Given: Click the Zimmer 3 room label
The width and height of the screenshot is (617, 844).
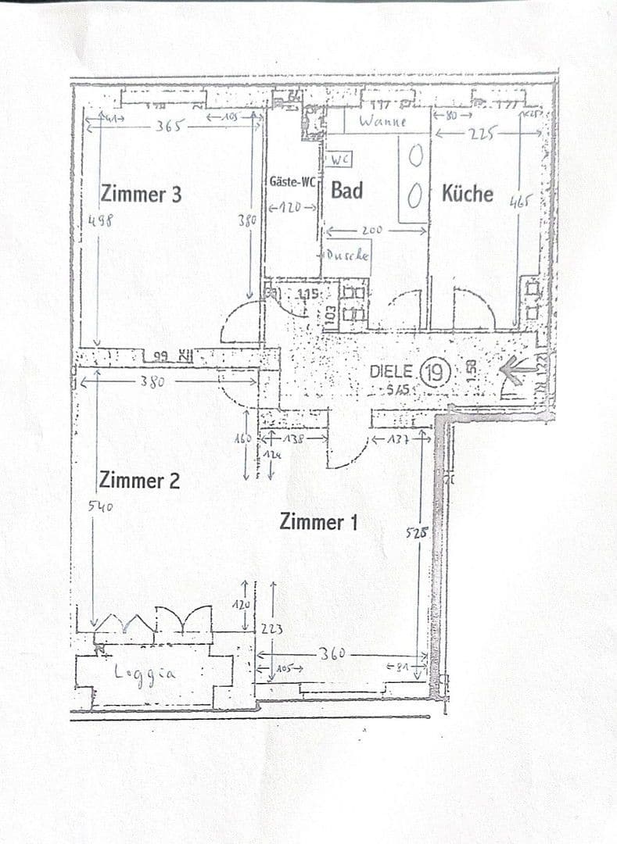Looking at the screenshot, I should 141,193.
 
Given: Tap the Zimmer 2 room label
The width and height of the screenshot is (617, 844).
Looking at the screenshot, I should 139,480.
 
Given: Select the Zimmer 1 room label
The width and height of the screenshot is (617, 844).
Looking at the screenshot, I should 318,521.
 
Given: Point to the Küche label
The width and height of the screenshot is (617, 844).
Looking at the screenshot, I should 468,192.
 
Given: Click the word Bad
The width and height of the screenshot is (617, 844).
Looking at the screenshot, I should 346,190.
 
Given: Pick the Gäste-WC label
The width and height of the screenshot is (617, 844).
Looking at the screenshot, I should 292,181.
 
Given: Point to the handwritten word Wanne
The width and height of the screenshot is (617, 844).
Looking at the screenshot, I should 383,121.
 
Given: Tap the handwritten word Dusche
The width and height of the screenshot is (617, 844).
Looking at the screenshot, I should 347,255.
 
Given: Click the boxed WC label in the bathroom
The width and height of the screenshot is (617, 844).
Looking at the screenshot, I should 339,159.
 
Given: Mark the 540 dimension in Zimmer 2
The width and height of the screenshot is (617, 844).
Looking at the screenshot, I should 101,506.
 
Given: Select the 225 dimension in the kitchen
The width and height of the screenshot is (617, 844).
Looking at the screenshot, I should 481,133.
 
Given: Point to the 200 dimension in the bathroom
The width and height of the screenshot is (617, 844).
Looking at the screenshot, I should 371,231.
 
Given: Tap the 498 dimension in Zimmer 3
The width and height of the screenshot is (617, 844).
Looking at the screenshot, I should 100,220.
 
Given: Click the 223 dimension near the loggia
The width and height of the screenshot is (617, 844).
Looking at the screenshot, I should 273,628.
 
